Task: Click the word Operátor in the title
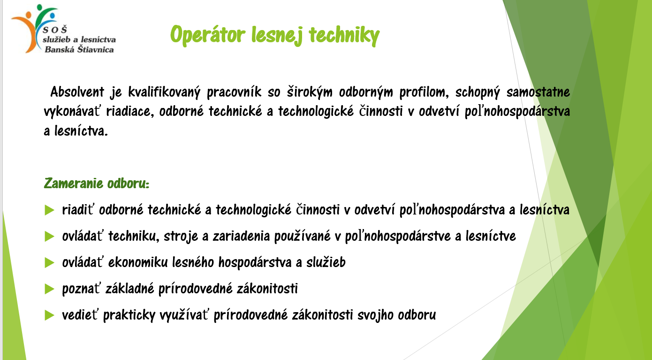[207, 35]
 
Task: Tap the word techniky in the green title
[344, 35]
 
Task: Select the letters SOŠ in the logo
[55, 30]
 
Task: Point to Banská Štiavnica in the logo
[79, 49]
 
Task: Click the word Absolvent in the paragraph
[77, 92]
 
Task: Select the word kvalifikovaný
[164, 92]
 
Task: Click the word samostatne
[538, 92]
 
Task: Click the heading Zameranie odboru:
[97, 184]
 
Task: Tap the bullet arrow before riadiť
[49, 210]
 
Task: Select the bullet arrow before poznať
[49, 289]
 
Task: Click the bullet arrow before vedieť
[49, 315]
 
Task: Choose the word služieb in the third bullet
[326, 262]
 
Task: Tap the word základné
[129, 289]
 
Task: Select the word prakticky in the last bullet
[129, 315]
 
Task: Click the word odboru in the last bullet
[417, 315]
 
